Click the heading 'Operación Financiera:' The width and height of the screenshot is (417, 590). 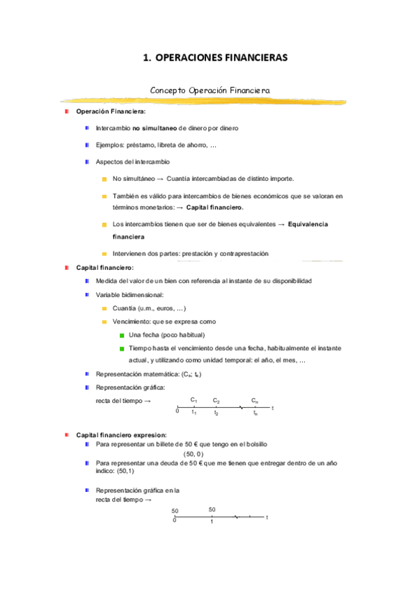pos(106,112)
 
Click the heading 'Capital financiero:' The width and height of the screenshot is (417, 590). pos(104,267)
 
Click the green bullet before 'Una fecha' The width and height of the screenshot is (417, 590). pos(121,335)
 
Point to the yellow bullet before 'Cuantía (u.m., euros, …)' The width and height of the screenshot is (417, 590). pos(104,308)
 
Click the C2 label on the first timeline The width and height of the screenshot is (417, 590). pos(217,401)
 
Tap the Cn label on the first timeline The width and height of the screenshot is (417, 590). pos(255,401)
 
